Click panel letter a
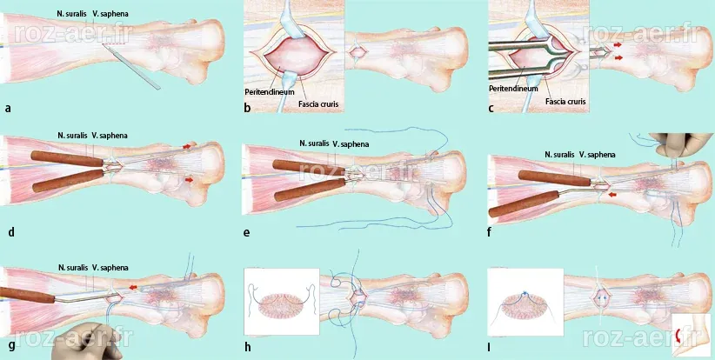click(8, 109)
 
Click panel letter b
click(248, 109)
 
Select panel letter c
click(491, 109)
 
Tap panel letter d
click(11, 232)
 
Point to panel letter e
click(247, 232)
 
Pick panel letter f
click(490, 232)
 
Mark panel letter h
click(248, 347)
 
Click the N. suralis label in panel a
click(72, 14)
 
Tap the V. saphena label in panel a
click(110, 14)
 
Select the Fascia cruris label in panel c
click(565, 102)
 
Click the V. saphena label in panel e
click(351, 144)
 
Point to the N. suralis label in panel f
click(560, 155)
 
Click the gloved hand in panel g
click(87, 341)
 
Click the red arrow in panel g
click(133, 287)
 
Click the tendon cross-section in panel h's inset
click(281, 306)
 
